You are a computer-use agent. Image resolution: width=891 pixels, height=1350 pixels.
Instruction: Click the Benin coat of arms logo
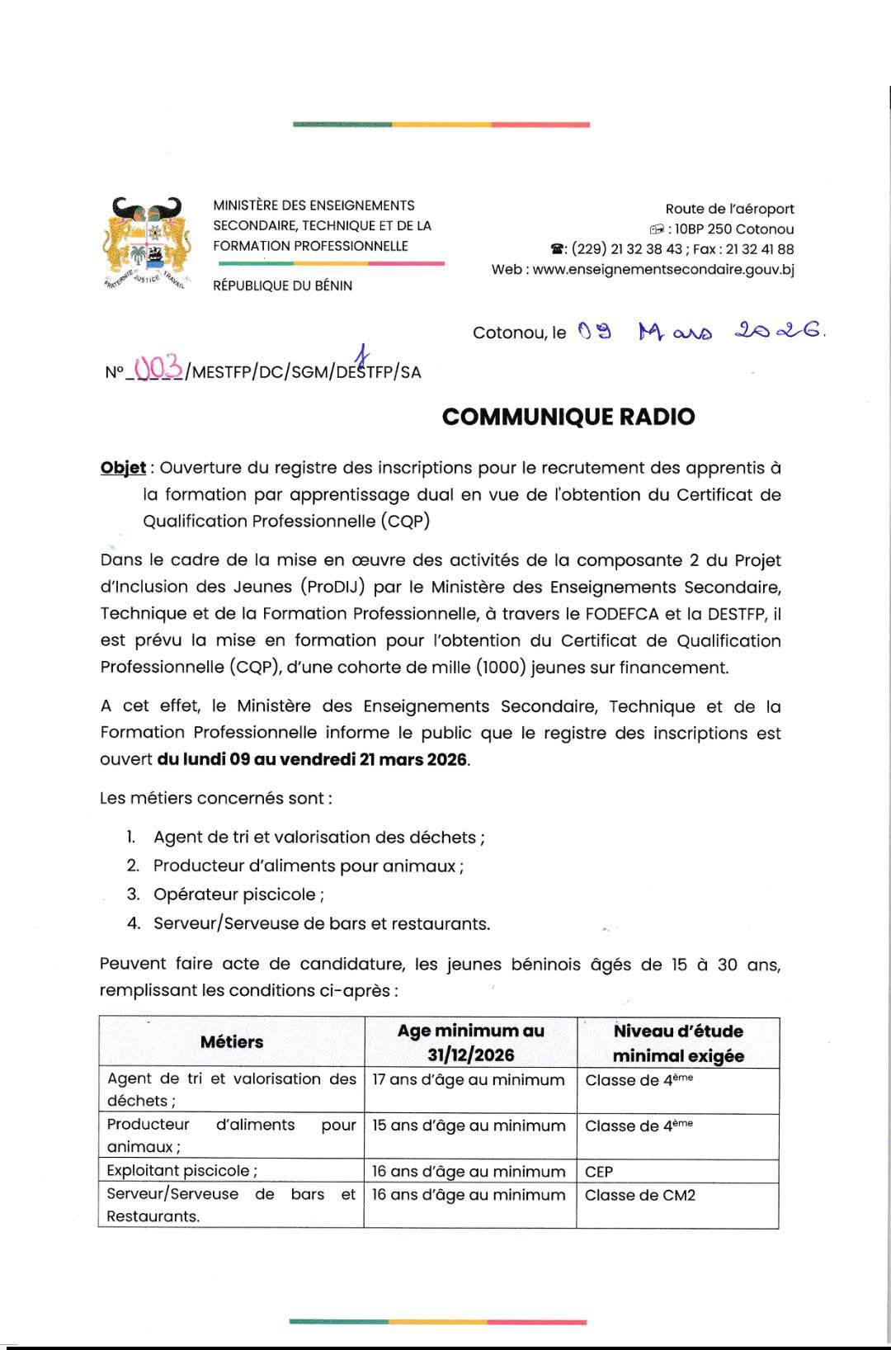click(x=147, y=243)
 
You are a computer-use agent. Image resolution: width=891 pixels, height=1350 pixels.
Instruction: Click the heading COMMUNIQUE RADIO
click(x=568, y=417)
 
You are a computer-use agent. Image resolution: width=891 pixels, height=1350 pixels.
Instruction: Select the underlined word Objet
click(x=123, y=468)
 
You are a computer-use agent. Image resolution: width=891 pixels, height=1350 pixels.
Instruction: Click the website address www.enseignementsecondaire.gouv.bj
click(x=663, y=269)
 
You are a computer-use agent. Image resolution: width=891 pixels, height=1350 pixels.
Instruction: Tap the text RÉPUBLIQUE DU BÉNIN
click(x=282, y=286)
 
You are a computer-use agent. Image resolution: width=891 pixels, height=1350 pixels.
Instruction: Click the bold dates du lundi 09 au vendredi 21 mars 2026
click(x=313, y=759)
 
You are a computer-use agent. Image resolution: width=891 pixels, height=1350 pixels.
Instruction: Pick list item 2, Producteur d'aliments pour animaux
click(x=308, y=866)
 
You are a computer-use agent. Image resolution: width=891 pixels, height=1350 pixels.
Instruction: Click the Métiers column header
click(x=232, y=1042)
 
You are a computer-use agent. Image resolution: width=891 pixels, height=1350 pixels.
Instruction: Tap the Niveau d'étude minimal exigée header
click(x=678, y=1043)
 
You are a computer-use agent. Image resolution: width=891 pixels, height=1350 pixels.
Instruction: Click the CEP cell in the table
click(x=599, y=1172)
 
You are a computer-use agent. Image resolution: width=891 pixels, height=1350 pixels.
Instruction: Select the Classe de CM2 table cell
click(x=640, y=1195)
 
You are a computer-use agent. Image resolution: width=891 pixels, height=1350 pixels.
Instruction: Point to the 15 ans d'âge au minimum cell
click(x=469, y=1126)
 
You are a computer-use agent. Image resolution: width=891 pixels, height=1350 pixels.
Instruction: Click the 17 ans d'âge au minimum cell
click(x=469, y=1080)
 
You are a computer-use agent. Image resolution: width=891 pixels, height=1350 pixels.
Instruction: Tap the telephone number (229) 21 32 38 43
click(x=626, y=249)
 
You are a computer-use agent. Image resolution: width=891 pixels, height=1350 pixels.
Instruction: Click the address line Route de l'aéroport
click(x=729, y=209)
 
